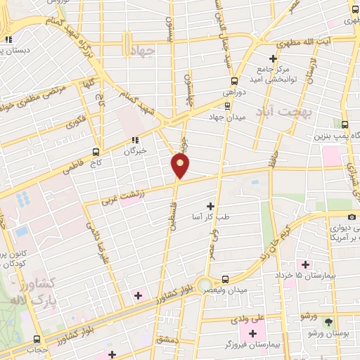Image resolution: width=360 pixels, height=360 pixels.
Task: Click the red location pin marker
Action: (x=181, y=166)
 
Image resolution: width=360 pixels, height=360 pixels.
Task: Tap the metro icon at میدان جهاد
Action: (x=227, y=107)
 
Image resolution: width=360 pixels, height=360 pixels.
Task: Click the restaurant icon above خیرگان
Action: (x=134, y=139)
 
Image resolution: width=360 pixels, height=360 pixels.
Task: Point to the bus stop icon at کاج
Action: (x=96, y=151)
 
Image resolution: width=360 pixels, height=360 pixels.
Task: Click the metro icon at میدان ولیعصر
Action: (x=226, y=278)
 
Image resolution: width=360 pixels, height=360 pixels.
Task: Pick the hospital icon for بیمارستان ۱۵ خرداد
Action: (x=305, y=264)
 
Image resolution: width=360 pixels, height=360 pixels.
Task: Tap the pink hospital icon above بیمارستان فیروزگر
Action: (x=252, y=331)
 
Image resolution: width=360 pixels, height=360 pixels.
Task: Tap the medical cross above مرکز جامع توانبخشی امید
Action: (x=275, y=58)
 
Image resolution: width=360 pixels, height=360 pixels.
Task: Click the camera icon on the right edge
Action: (x=352, y=217)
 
